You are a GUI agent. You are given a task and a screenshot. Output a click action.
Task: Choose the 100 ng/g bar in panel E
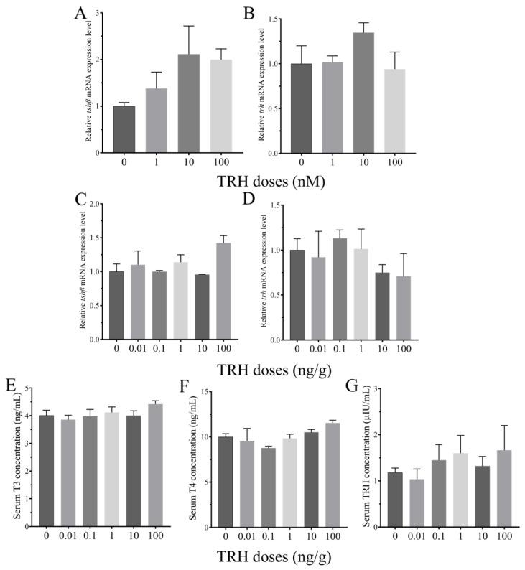[155, 466]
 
